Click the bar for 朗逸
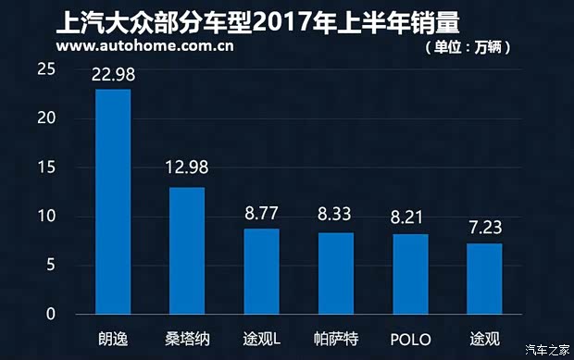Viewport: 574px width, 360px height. pos(113,202)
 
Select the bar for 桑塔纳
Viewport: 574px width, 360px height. pos(187,251)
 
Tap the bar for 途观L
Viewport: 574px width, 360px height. pos(261,271)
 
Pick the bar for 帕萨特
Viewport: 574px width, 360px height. pos(335,273)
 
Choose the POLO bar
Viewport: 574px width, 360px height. pos(410,274)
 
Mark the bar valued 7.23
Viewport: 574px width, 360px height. pos(484,279)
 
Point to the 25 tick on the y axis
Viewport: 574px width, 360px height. pos(47,69)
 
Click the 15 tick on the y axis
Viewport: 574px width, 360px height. pos(47,168)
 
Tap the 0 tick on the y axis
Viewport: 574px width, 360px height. pos(52,315)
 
